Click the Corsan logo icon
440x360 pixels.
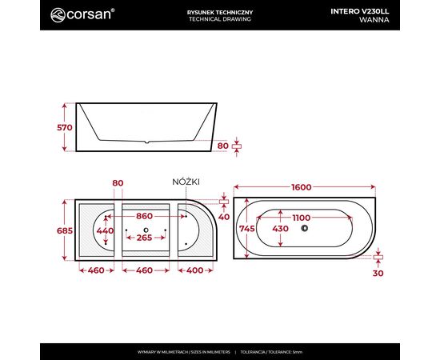click(58, 15)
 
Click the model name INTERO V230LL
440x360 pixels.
click(360, 11)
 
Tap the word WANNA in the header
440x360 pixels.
click(374, 20)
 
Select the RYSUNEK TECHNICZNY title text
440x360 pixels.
click(220, 12)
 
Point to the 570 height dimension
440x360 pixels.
click(65, 128)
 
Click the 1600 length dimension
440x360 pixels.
click(302, 187)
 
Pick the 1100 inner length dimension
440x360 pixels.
click(301, 218)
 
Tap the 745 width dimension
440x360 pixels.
click(247, 229)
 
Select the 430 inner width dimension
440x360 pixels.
click(280, 229)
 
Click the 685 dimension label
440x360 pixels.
click(65, 230)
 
